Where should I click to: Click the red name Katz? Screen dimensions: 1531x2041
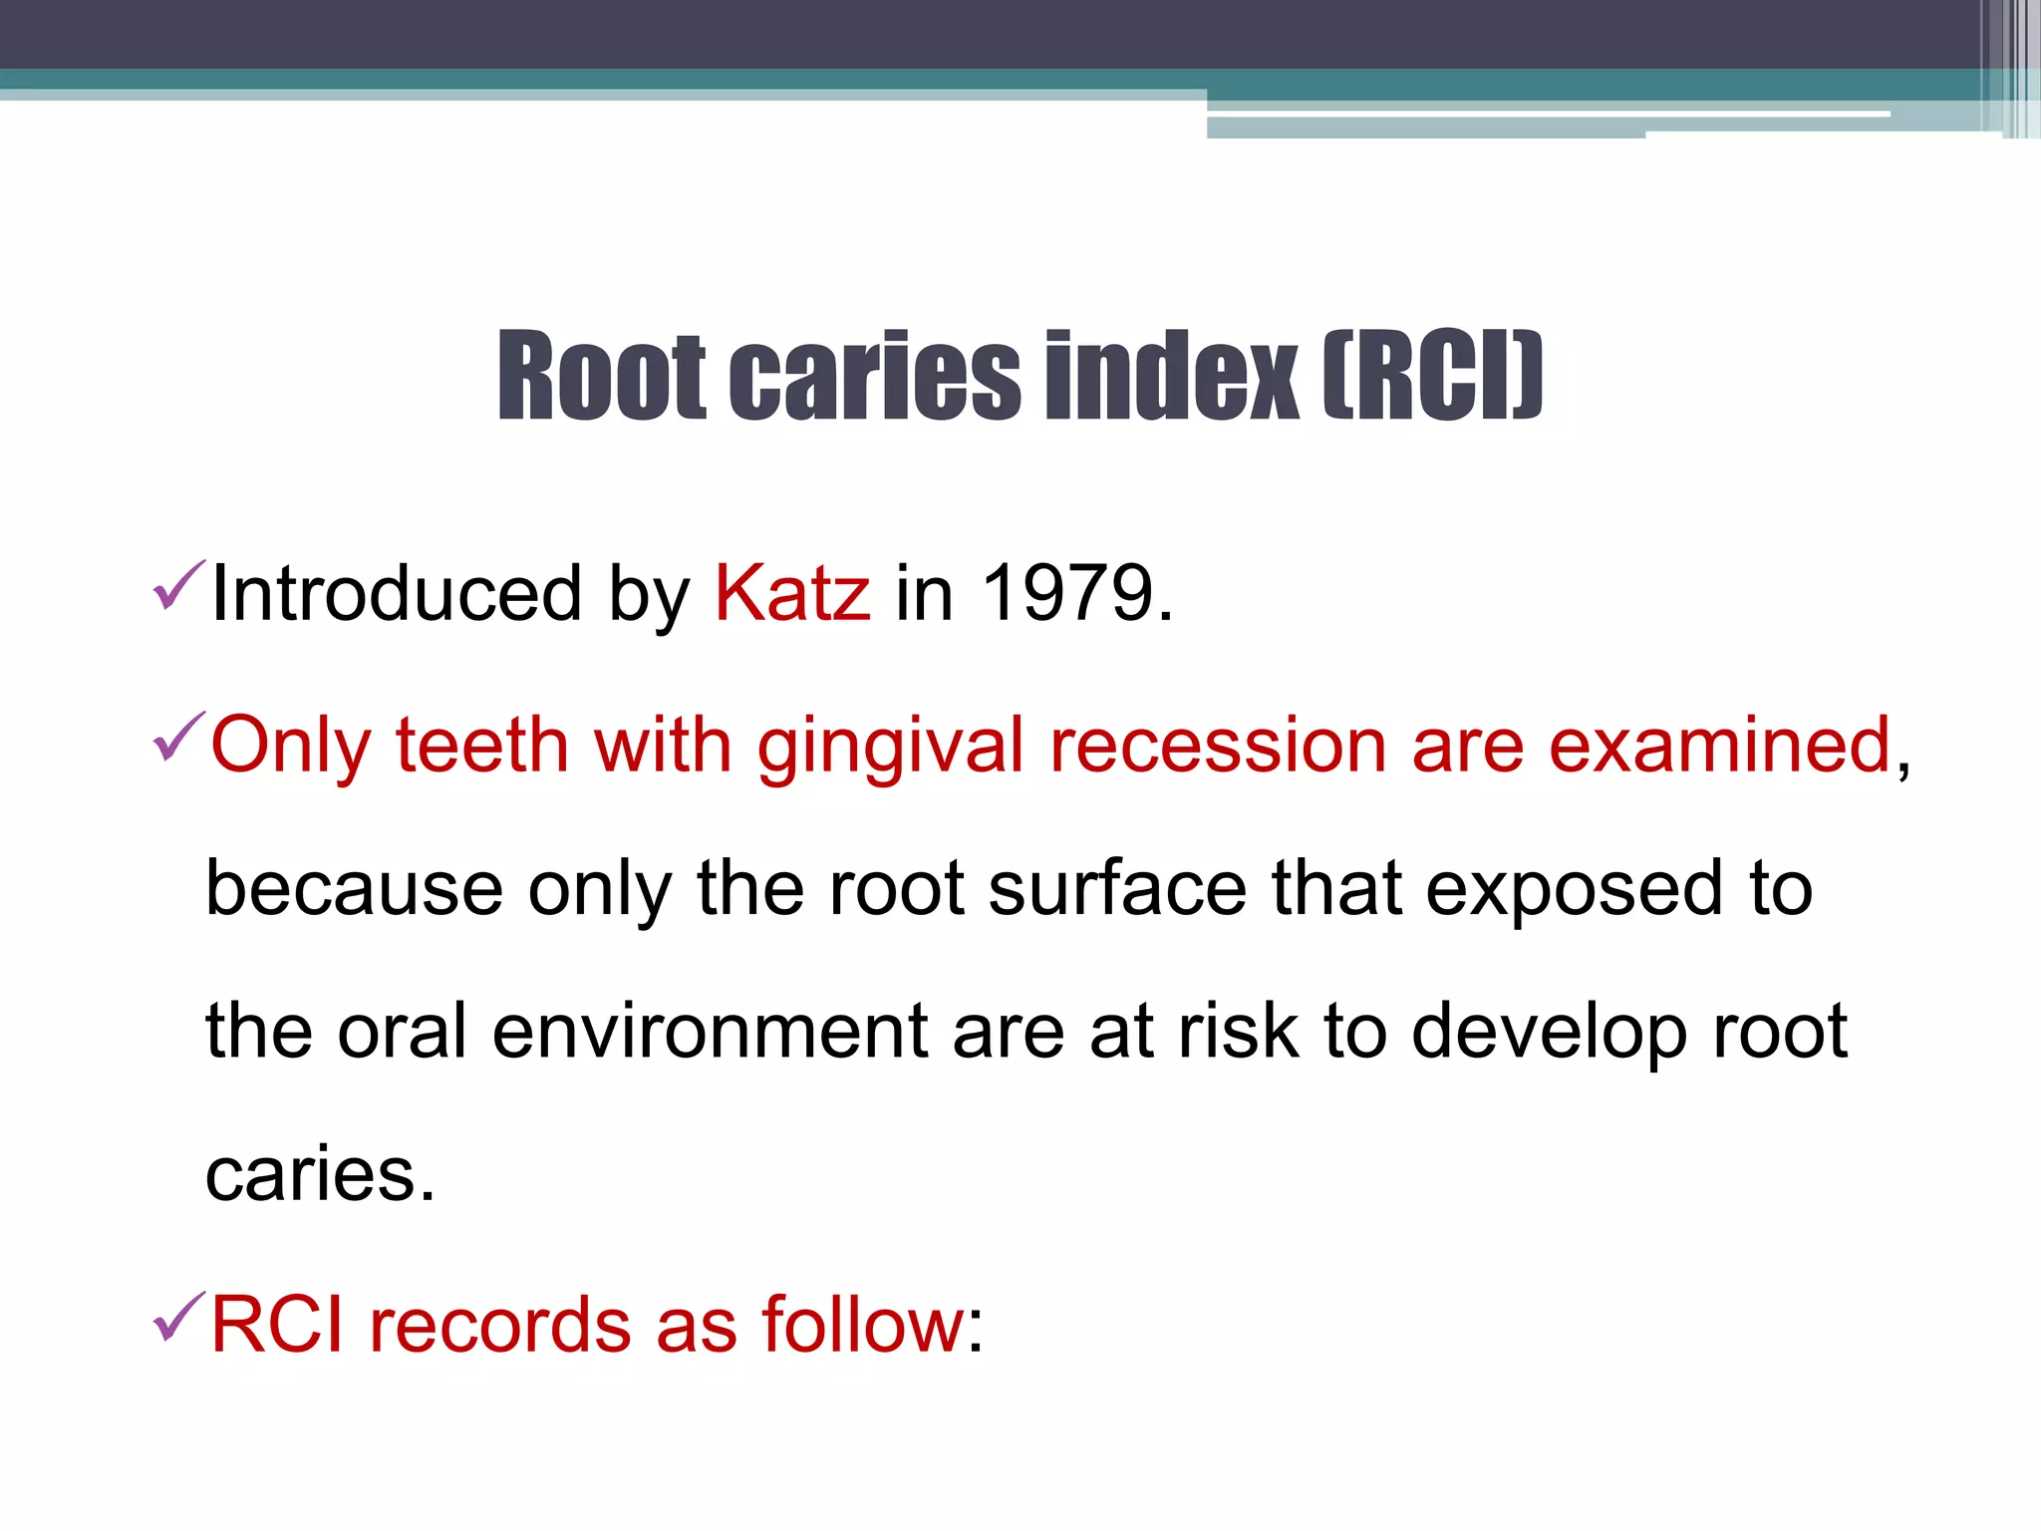tap(792, 594)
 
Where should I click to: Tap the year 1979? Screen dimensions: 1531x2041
tap(1066, 594)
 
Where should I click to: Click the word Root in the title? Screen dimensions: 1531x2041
tap(602, 376)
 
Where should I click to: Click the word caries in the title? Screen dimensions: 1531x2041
tap(875, 376)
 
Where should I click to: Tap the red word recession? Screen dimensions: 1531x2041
tap(1218, 746)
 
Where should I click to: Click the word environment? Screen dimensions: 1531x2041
tap(711, 1032)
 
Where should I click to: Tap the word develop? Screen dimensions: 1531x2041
tap(1549, 1034)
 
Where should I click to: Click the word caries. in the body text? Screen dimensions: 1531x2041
tap(320, 1175)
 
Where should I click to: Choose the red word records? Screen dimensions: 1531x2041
tap(500, 1326)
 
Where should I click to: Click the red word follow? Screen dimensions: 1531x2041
tap(863, 1326)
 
